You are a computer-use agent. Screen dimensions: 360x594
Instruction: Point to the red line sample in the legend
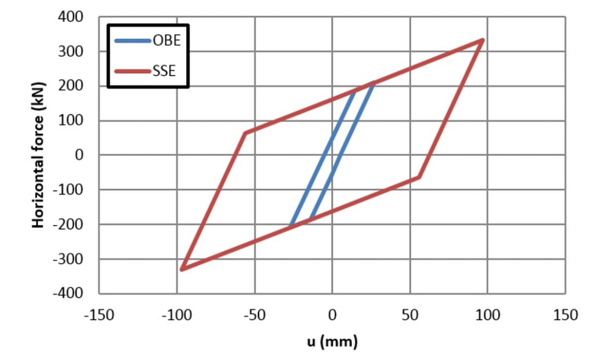point(133,72)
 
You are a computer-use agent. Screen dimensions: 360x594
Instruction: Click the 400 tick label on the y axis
point(71,17)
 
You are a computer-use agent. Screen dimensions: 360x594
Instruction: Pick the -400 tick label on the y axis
point(68,293)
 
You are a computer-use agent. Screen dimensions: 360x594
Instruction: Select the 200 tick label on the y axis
point(71,86)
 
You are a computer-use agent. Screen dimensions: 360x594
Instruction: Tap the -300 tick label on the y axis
point(68,259)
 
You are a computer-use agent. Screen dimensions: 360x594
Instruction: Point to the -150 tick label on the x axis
point(98,315)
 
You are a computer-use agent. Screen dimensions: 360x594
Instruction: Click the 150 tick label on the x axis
point(566,315)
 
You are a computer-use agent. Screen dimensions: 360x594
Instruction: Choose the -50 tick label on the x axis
point(253,315)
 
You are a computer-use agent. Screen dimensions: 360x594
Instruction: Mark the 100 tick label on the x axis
point(488,315)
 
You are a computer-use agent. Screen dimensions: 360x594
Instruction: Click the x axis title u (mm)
point(332,341)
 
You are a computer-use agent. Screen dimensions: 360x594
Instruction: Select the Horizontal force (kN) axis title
point(39,155)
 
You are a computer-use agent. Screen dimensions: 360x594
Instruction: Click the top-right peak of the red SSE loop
point(483,40)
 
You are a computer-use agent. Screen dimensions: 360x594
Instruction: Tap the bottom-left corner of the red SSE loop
point(182,270)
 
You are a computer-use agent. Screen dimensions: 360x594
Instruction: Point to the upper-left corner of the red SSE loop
point(245,133)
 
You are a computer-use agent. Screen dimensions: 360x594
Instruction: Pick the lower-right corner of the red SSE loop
point(419,177)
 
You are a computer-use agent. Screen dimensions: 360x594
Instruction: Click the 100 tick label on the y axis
point(71,121)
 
